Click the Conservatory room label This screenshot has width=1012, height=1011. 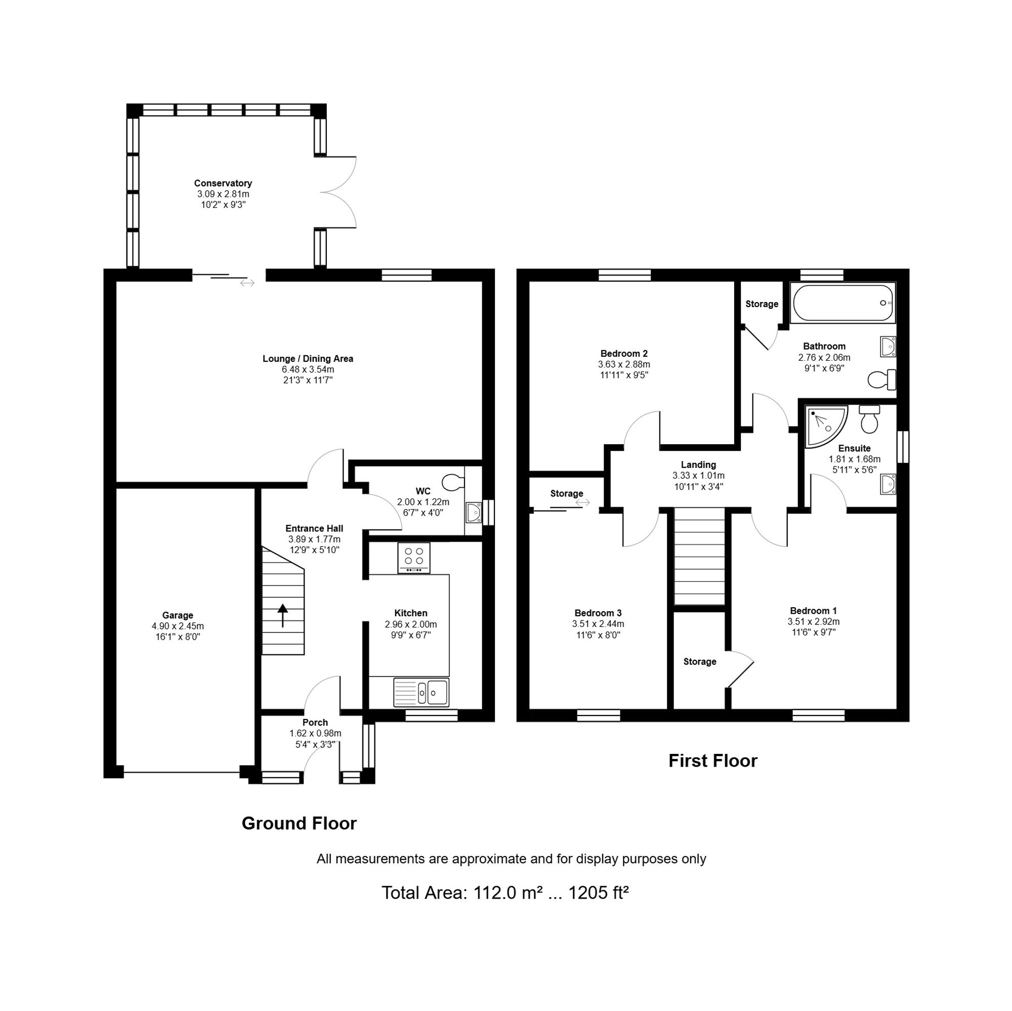click(x=223, y=183)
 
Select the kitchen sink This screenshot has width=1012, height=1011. click(x=421, y=692)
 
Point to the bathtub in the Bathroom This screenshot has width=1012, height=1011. click(x=843, y=303)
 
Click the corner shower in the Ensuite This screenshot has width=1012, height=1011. click(x=825, y=427)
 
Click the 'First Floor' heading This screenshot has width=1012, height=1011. click(x=712, y=761)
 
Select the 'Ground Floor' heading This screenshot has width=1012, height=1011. click(x=299, y=823)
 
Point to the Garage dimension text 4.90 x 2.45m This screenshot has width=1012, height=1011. click(x=178, y=626)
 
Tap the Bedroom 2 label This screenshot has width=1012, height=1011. click(x=624, y=354)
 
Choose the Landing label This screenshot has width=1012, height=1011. click(x=698, y=465)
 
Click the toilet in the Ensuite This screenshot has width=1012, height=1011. click(x=869, y=419)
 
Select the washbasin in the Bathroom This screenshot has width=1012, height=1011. click(x=888, y=346)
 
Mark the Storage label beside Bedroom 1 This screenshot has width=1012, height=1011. click(x=700, y=661)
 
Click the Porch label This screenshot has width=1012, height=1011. click(x=315, y=723)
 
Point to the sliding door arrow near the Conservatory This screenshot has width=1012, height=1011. click(x=247, y=283)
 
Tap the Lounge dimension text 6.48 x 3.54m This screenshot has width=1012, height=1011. click(x=308, y=369)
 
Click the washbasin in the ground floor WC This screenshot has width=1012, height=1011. click(x=474, y=512)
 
